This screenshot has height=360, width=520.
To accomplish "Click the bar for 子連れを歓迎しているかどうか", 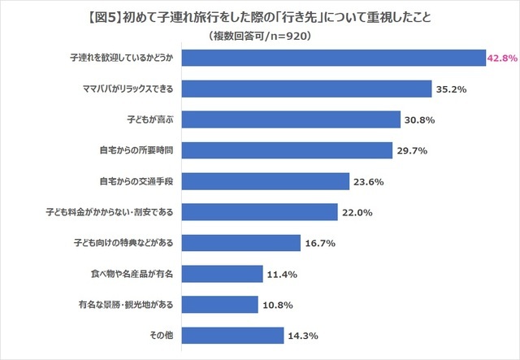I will [333, 59].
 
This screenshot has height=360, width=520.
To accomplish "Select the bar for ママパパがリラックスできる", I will [305, 89].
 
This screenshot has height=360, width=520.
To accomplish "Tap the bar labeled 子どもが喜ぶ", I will [291, 120].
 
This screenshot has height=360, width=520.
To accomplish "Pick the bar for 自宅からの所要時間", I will [288, 150].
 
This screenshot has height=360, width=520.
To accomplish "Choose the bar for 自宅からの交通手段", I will [266, 181].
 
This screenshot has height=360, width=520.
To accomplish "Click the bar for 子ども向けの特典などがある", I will [240, 242].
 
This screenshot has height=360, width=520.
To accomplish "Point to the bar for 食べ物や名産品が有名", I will [222, 273].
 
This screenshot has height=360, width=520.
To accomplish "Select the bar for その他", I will [232, 334].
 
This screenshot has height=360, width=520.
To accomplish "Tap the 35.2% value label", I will [452, 89].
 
